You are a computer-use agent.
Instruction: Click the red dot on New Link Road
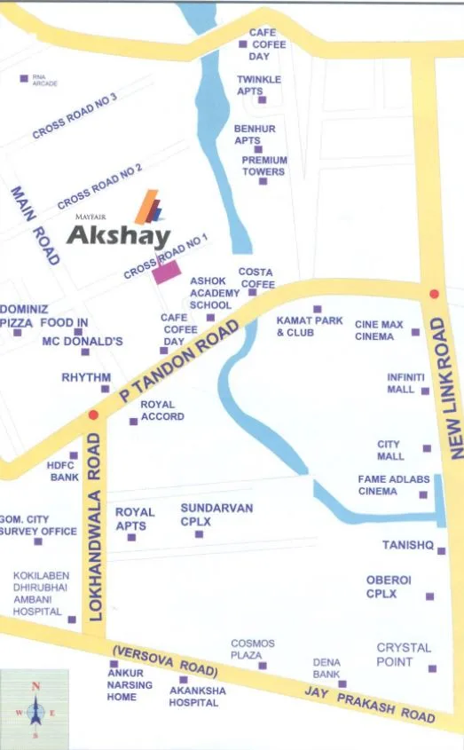pos(434,294)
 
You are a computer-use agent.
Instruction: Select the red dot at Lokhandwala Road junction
pos(92,414)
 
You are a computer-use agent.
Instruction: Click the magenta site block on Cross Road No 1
pos(167,272)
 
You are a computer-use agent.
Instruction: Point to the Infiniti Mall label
pos(405,383)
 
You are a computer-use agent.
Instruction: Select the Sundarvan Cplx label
pos(216,515)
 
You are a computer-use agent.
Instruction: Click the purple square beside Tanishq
pos(441,550)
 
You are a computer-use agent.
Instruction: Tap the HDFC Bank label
pos(63,470)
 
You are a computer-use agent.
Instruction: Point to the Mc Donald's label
pos(83,341)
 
